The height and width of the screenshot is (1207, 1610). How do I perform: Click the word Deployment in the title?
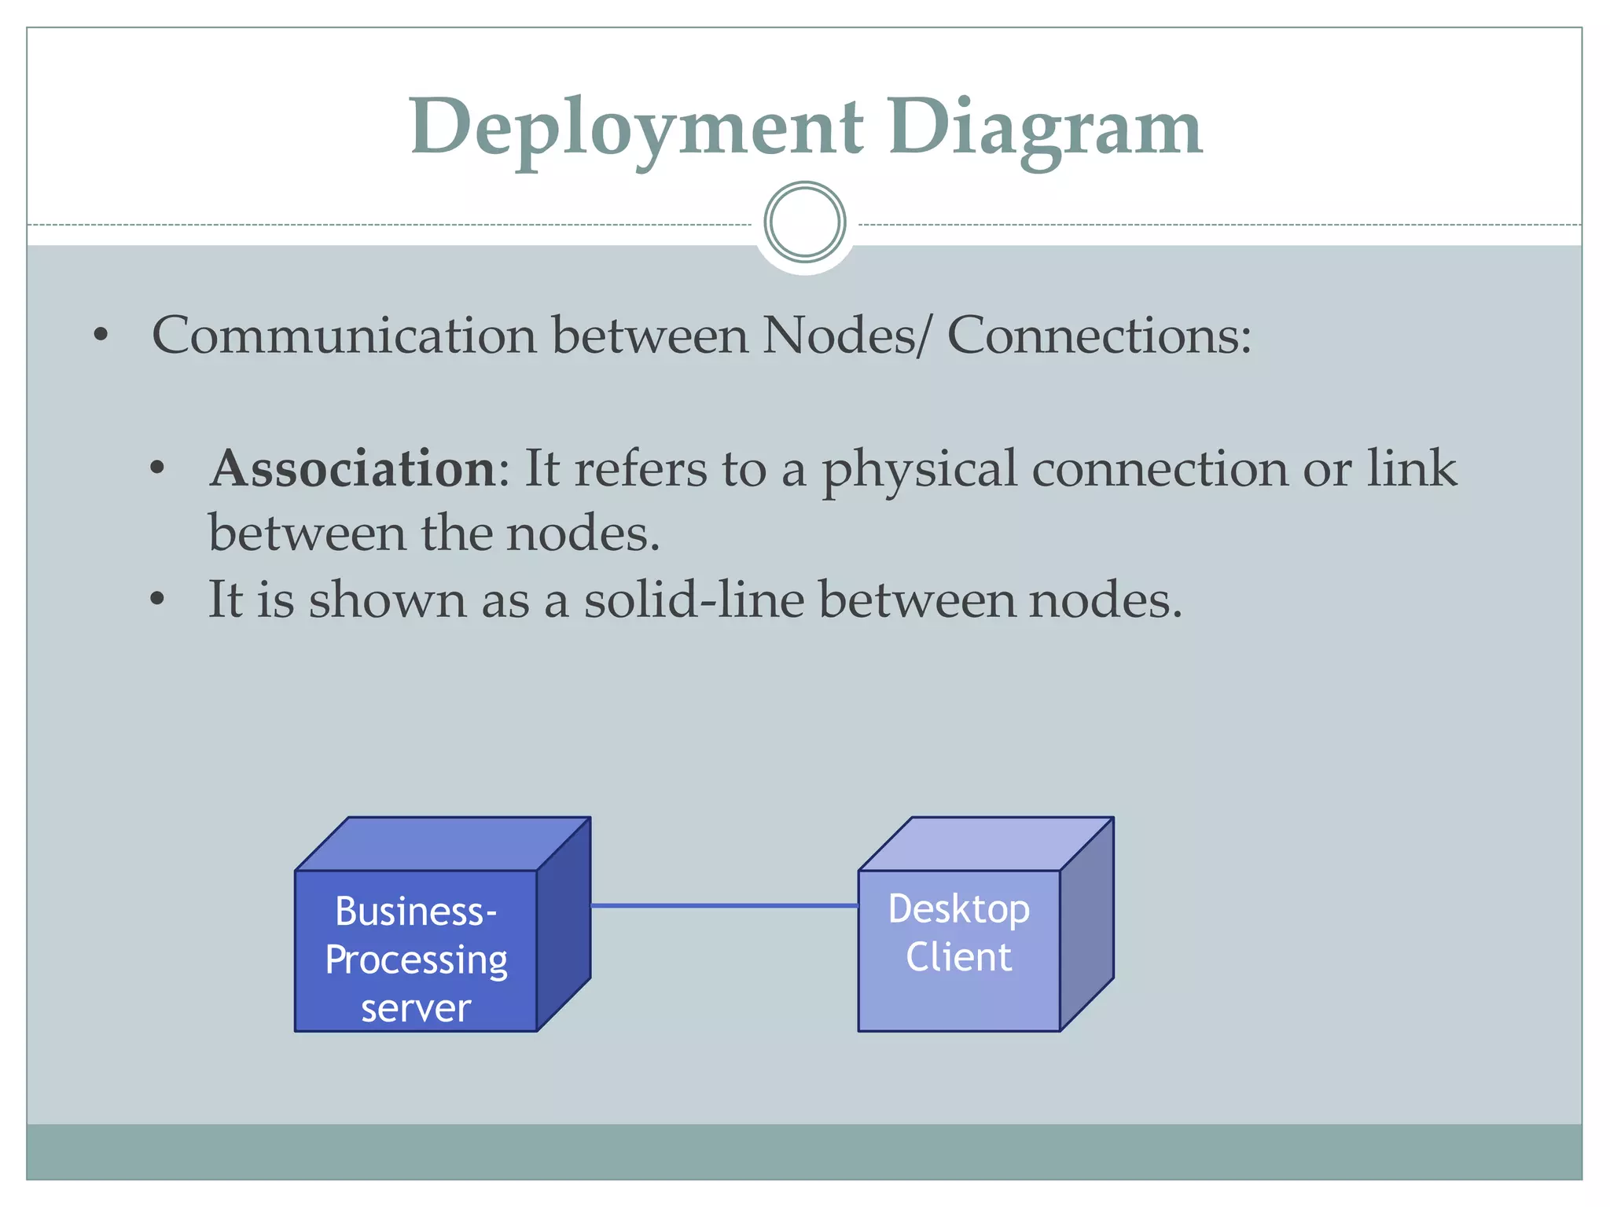point(637,128)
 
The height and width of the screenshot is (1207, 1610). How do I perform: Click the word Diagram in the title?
point(1045,128)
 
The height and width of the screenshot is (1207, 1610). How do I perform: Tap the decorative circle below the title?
point(804,222)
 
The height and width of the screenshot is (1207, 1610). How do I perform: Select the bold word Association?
point(352,469)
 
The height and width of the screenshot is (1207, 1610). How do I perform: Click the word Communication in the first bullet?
point(344,336)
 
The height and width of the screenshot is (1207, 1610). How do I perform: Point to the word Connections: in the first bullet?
point(1098,336)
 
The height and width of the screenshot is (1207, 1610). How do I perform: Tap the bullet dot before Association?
point(157,469)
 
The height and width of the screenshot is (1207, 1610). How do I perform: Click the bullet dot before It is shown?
point(157,600)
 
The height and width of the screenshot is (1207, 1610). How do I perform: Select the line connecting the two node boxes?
point(723,906)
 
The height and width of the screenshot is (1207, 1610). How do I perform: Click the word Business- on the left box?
point(416,912)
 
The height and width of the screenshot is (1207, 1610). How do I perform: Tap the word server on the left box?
point(416,1009)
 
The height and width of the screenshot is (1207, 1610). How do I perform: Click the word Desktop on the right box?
point(958,909)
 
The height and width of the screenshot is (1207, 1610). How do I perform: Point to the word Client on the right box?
point(958,957)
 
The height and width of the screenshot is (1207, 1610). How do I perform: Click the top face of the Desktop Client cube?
point(987,844)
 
